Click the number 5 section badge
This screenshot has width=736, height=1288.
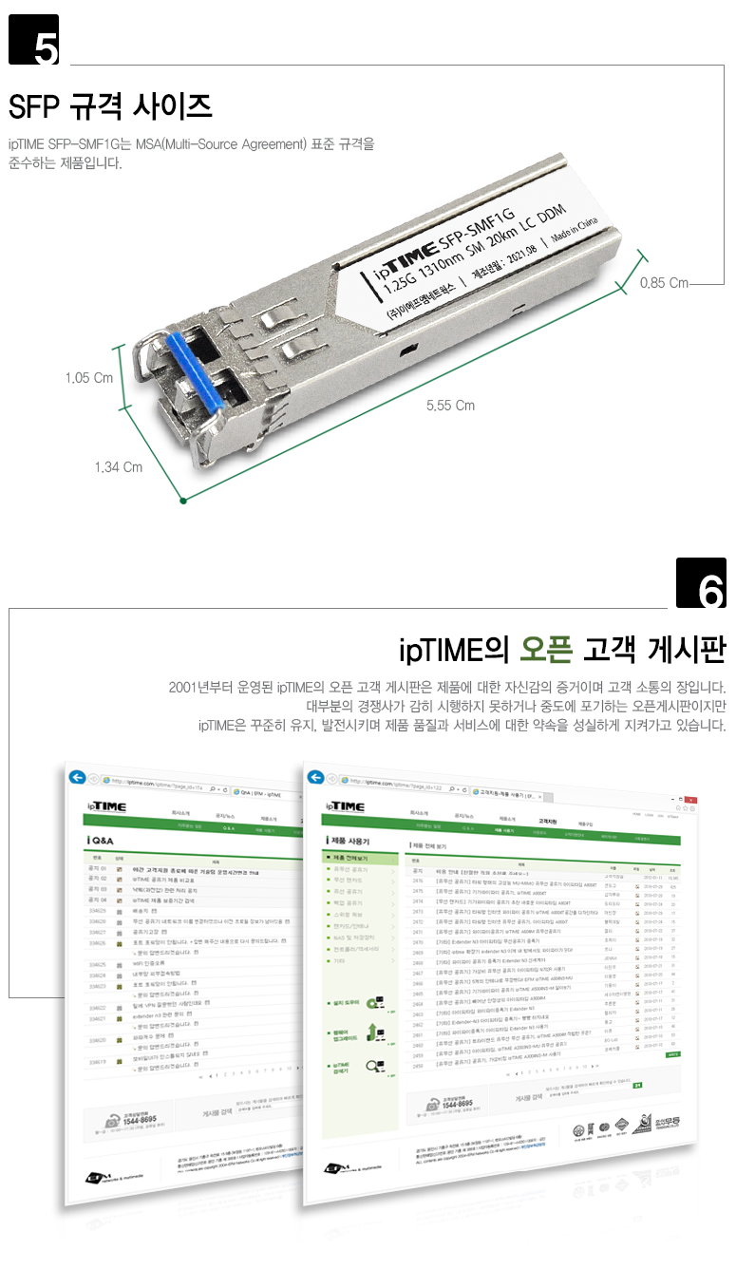(x=34, y=40)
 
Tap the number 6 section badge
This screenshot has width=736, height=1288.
(x=701, y=582)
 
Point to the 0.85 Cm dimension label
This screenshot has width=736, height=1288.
(x=664, y=282)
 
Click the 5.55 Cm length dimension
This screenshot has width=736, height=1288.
(x=450, y=406)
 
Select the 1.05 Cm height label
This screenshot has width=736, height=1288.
(x=89, y=378)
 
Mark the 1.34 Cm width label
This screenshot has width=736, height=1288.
(x=119, y=466)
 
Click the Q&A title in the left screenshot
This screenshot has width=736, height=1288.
(x=103, y=842)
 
